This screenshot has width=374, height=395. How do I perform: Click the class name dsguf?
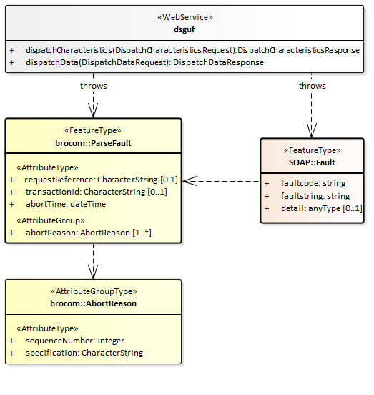click(x=184, y=29)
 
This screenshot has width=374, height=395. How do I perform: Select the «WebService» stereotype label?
click(x=185, y=17)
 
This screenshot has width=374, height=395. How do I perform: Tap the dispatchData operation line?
click(x=144, y=62)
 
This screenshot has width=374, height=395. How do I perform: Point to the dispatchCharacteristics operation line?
click(x=192, y=50)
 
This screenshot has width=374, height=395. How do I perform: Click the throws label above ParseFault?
click(x=94, y=86)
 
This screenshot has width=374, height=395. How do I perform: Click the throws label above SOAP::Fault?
click(x=312, y=86)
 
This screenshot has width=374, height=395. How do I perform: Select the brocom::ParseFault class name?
click(x=93, y=143)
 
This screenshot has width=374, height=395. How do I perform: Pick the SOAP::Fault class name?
click(x=312, y=162)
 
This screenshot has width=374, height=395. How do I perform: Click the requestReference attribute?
click(x=101, y=180)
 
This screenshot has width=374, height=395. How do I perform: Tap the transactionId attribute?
click(x=97, y=192)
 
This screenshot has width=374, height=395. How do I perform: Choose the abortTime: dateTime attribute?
click(x=66, y=204)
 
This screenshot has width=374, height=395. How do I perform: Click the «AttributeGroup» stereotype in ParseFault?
click(x=51, y=220)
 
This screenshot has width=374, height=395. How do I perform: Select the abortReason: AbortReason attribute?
click(x=89, y=233)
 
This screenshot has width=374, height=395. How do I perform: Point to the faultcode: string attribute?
click(x=313, y=183)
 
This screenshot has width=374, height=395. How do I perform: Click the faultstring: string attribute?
click(x=315, y=196)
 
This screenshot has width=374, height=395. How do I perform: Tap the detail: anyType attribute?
click(x=322, y=208)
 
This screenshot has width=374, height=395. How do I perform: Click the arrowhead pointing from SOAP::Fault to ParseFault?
click(x=190, y=181)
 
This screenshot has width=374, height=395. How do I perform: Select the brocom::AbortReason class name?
click(x=93, y=303)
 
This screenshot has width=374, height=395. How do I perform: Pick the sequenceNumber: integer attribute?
click(x=75, y=341)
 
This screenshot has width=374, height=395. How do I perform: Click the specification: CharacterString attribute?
click(x=84, y=353)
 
